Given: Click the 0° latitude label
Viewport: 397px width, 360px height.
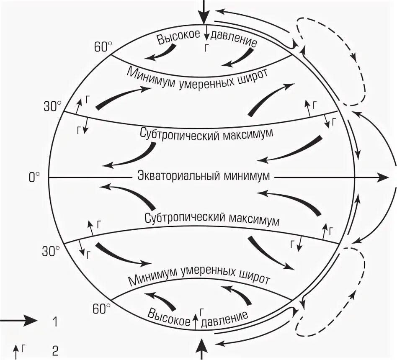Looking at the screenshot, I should (x=34, y=177).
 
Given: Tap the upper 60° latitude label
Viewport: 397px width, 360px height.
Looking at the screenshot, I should (x=102, y=47).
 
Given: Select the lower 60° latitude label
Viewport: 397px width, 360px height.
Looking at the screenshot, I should (x=101, y=309).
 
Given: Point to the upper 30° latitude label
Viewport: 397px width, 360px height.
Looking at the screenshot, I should (x=52, y=106).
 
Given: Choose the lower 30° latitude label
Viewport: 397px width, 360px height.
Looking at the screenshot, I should (x=51, y=251).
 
